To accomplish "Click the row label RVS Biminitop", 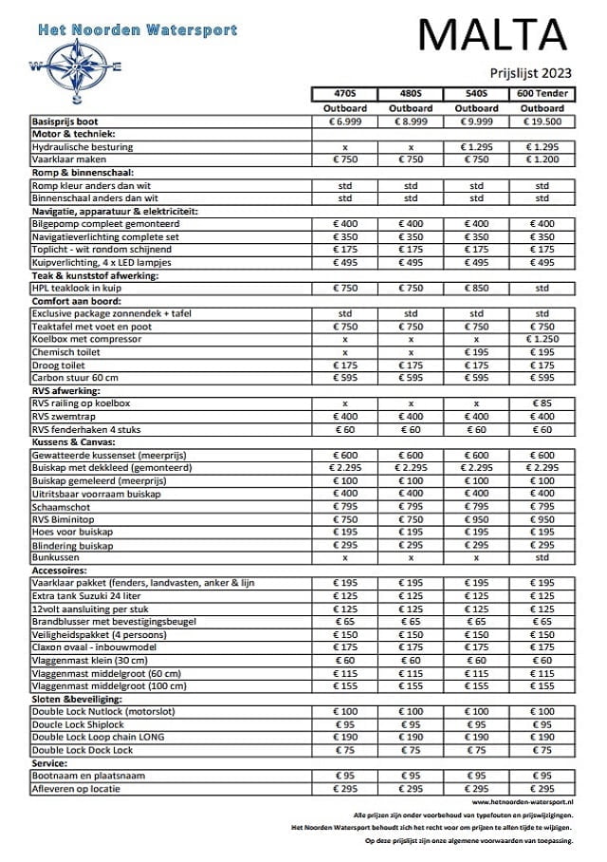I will [66, 519].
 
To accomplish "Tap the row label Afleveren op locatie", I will [80, 788].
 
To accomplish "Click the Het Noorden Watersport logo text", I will [137, 30].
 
